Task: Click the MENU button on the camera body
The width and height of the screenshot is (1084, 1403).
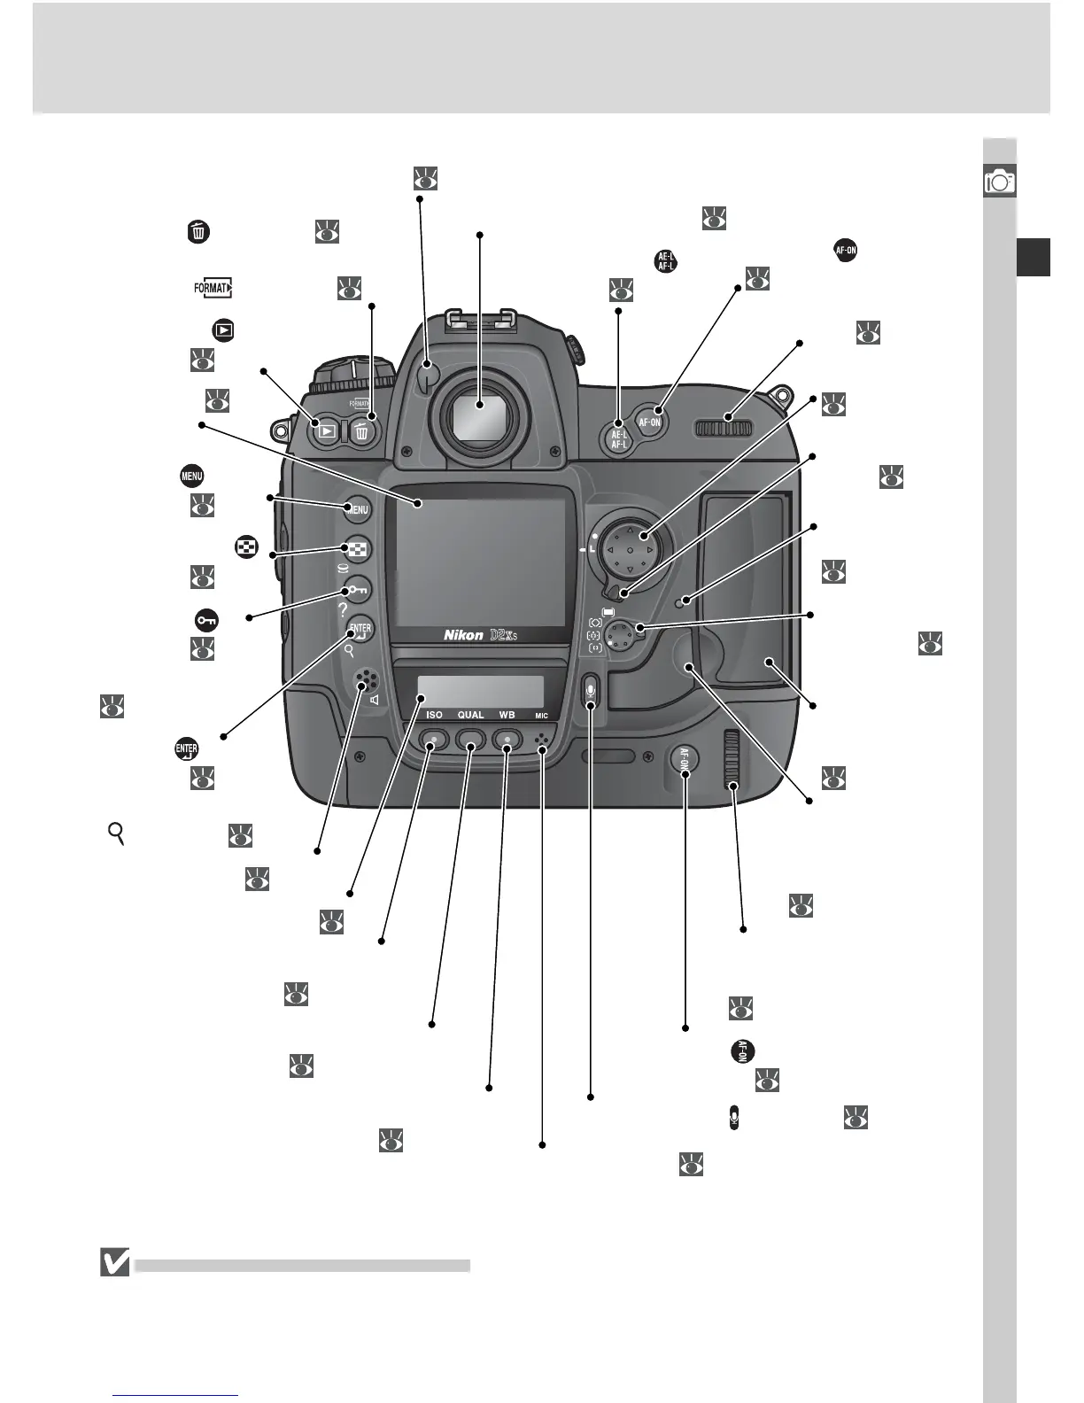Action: [356, 509]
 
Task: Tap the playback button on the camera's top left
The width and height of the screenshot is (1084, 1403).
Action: [327, 432]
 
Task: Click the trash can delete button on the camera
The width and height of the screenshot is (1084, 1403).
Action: [360, 432]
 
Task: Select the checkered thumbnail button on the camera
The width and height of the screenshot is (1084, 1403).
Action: [356, 549]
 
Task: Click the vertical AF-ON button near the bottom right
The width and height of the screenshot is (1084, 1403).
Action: [685, 761]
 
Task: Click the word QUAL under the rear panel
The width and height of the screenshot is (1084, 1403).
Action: [470, 715]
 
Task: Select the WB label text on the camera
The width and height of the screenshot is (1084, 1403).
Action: [507, 715]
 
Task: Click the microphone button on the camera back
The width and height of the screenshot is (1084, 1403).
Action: [592, 690]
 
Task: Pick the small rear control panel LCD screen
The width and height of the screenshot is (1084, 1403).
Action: [480, 692]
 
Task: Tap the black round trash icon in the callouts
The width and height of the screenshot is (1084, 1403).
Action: [197, 232]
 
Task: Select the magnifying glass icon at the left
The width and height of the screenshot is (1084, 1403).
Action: [115, 833]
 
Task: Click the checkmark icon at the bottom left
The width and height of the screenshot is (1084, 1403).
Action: [116, 1261]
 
